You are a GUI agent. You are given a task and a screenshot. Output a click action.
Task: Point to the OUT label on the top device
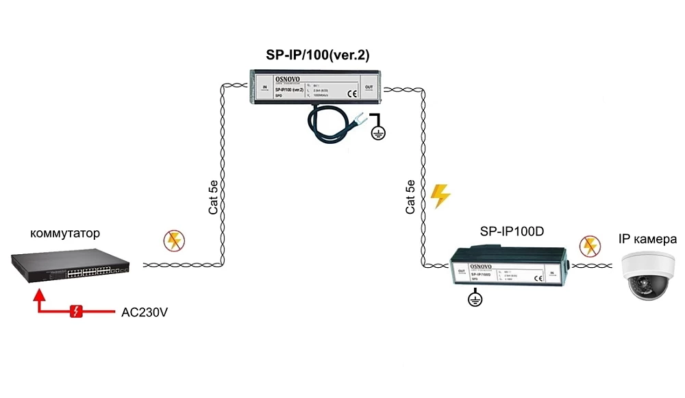tap(369, 88)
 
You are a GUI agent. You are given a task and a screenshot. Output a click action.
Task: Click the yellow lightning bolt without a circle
tap(440, 195)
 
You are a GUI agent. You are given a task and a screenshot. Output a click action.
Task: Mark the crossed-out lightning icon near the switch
tap(173, 240)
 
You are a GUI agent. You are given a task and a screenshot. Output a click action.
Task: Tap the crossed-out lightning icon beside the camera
tap(588, 245)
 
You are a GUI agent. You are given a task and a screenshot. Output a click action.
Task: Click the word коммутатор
tap(65, 234)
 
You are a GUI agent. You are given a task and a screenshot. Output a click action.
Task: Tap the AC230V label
tap(145, 312)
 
